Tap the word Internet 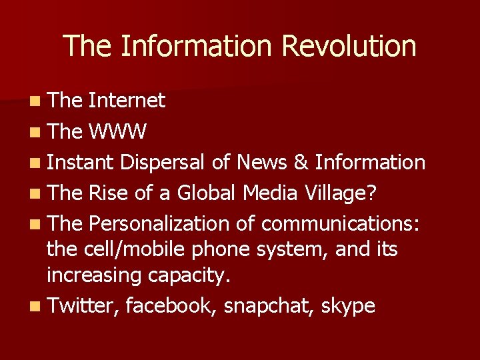[127, 101]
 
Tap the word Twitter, [83, 306]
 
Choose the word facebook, [172, 306]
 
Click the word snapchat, [269, 306]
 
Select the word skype [348, 306]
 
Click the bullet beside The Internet [34, 101]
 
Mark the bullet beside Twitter [34, 307]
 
